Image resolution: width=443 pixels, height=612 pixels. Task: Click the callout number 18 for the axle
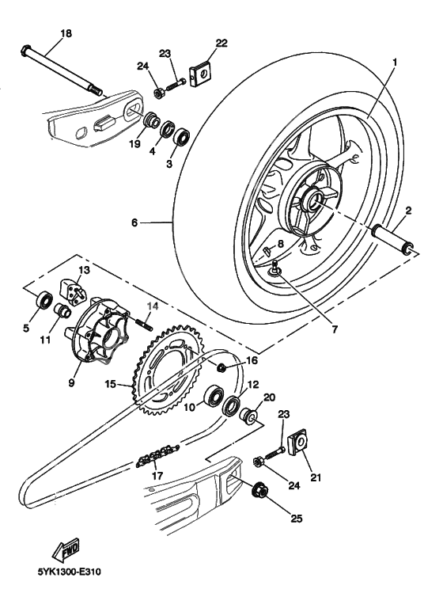point(66,33)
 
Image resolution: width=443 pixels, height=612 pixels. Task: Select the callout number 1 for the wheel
point(395,60)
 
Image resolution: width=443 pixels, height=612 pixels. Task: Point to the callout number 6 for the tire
point(134,224)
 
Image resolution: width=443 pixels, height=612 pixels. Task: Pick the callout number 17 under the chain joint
point(158,477)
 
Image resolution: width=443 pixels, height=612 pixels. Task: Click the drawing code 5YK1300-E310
point(69,569)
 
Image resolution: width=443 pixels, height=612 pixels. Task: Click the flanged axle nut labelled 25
point(259,492)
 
